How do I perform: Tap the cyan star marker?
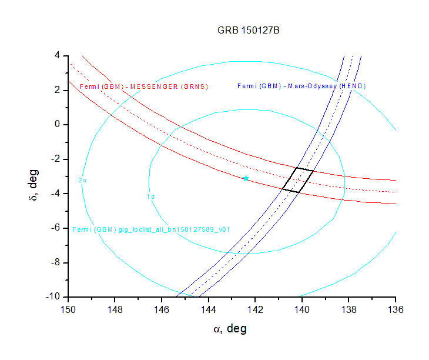[246, 178]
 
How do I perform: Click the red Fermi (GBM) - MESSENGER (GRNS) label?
[144, 86]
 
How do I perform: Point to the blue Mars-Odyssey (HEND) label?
[301, 86]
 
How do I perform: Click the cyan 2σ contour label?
[83, 180]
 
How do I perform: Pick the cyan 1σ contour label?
[151, 196]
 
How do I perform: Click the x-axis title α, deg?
[230, 328]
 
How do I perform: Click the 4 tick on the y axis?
[58, 55]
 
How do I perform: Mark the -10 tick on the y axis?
[53, 297]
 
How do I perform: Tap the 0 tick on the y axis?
[58, 125]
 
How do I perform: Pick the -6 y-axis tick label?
[55, 228]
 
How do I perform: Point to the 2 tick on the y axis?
[58, 90]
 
